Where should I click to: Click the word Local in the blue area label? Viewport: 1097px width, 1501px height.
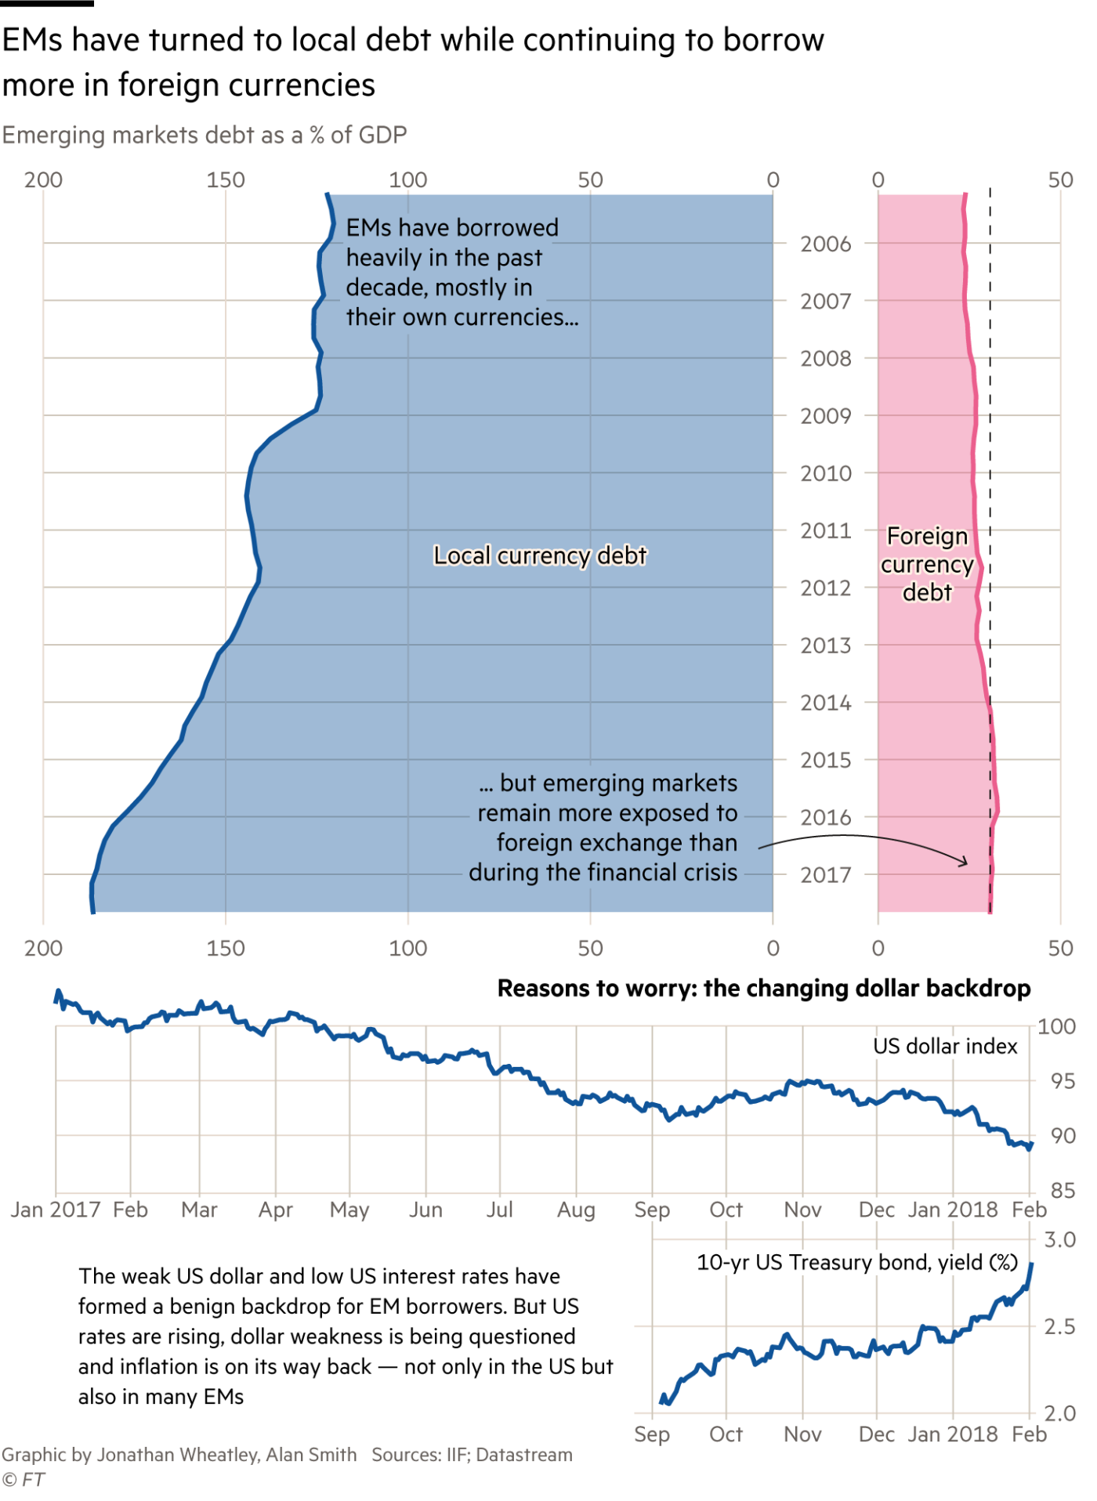pos(462,555)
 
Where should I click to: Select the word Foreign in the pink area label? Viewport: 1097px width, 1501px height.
pos(927,537)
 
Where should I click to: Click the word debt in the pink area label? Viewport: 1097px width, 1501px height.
pos(927,592)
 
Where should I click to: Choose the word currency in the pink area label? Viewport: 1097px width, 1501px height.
pos(927,565)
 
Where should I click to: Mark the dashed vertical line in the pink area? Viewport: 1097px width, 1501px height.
pos(990,807)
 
